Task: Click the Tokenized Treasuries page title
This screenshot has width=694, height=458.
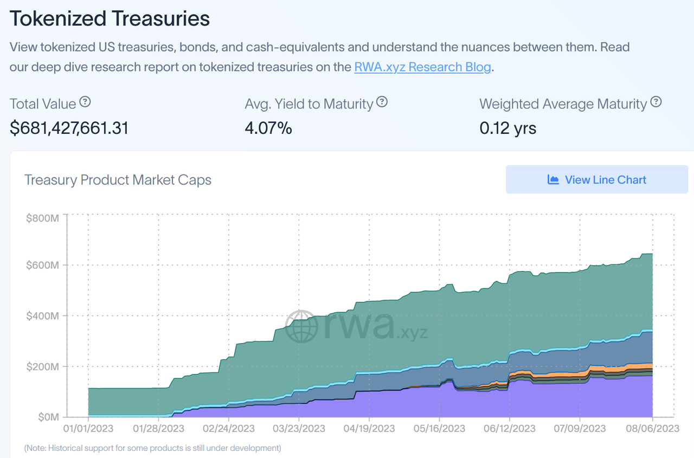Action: coord(110,18)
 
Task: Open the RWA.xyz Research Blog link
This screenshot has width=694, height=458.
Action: coord(422,67)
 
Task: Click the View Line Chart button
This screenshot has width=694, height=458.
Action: coord(596,180)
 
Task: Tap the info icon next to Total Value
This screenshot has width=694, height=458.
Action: coord(85,102)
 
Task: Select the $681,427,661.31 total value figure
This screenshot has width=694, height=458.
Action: coord(69,128)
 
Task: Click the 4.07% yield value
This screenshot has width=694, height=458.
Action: coord(268,128)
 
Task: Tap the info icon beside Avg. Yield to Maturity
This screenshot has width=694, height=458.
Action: coord(382,102)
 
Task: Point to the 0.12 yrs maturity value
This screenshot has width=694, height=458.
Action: coord(508,128)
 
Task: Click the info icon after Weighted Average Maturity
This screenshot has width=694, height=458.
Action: coord(656,102)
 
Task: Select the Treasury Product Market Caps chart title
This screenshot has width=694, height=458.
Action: coord(118,180)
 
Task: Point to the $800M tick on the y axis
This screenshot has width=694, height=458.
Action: coord(42,218)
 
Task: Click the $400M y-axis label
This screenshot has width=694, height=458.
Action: coord(42,316)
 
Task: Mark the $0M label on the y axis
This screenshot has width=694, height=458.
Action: coord(48,417)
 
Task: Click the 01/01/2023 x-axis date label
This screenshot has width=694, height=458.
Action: coord(88,429)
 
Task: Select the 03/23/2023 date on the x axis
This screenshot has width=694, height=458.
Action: coord(299,429)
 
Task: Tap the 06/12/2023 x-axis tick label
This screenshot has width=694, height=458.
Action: coord(509,429)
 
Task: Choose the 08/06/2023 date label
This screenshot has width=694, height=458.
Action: coord(652,429)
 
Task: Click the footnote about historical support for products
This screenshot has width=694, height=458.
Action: coord(153,448)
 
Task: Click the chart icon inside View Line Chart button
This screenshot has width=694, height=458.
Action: coord(553,180)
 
